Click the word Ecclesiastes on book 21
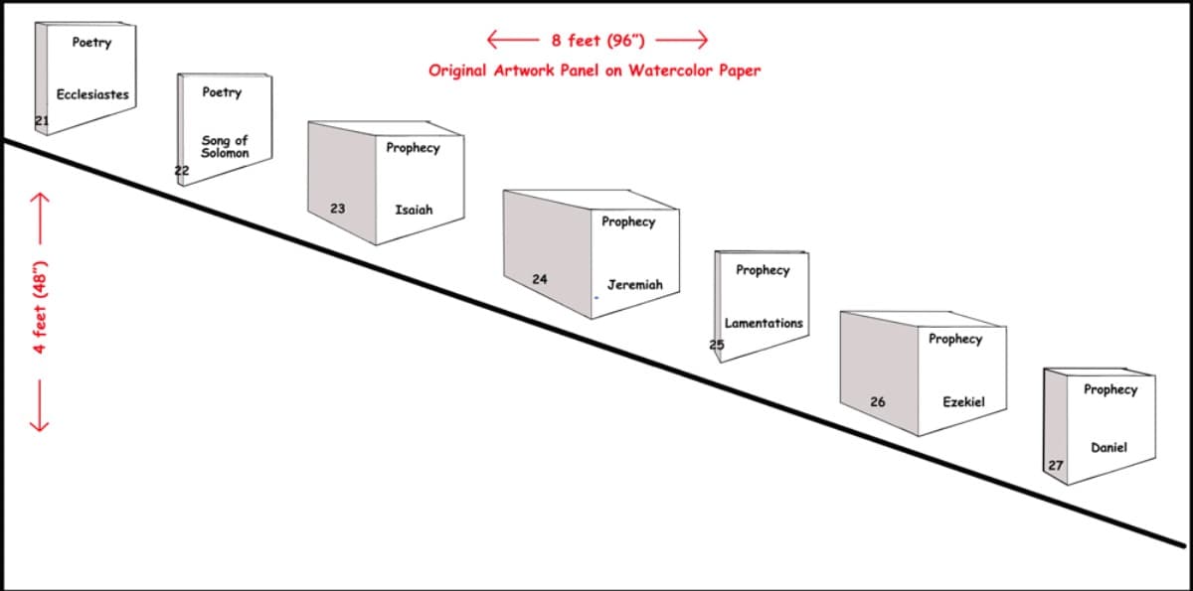click(x=92, y=94)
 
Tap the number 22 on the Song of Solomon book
click(x=182, y=171)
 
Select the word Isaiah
click(x=414, y=210)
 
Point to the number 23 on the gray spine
click(x=338, y=209)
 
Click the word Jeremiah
click(x=635, y=285)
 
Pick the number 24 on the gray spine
click(x=540, y=279)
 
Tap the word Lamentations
click(x=764, y=323)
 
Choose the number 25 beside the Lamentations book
click(x=717, y=345)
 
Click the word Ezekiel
click(x=964, y=402)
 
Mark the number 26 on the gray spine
click(x=878, y=402)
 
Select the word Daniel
click(x=1108, y=447)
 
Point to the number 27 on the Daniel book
click(x=1056, y=466)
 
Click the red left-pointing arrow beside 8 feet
click(x=513, y=40)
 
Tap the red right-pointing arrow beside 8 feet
click(x=682, y=40)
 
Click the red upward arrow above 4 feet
click(x=40, y=219)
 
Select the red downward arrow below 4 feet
click(x=40, y=405)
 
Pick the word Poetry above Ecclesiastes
click(x=91, y=43)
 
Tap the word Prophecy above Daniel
click(x=1110, y=390)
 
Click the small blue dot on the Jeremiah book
click(x=596, y=298)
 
